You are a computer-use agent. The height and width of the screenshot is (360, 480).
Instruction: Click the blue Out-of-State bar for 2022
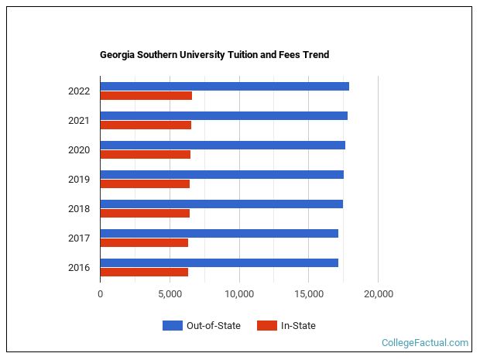click(x=225, y=86)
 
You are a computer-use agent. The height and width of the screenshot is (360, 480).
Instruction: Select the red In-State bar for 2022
click(x=146, y=96)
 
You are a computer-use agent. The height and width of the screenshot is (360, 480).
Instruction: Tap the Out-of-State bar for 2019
click(x=222, y=174)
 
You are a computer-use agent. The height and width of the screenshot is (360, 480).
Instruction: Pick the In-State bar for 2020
click(x=146, y=155)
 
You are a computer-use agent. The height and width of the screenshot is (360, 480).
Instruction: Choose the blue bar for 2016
click(x=219, y=262)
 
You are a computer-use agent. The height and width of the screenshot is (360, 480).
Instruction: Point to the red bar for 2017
click(x=144, y=243)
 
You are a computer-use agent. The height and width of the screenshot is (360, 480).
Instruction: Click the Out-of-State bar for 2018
click(x=221, y=204)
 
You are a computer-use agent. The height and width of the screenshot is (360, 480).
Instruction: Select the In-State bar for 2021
click(x=146, y=125)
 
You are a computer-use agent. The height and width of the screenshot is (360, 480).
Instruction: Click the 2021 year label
click(x=79, y=121)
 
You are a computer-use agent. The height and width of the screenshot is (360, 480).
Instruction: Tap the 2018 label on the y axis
click(x=79, y=209)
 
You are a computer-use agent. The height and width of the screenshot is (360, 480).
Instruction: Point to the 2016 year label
click(x=79, y=268)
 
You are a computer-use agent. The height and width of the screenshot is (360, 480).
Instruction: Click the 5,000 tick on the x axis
click(x=170, y=294)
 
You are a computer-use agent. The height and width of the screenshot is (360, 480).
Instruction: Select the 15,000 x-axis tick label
click(x=308, y=294)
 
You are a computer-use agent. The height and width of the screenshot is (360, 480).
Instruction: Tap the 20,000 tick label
click(x=378, y=294)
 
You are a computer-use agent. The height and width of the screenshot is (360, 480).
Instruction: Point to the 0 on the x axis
click(x=100, y=294)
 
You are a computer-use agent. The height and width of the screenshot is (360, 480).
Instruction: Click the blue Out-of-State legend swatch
click(x=172, y=326)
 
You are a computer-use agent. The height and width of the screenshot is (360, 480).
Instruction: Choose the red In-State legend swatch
click(x=266, y=326)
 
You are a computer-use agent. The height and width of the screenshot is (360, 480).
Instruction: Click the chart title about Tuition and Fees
click(x=214, y=55)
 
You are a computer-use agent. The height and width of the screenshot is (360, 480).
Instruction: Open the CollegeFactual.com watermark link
click(x=425, y=342)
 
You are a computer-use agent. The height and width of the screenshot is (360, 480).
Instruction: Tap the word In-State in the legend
click(x=298, y=326)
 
